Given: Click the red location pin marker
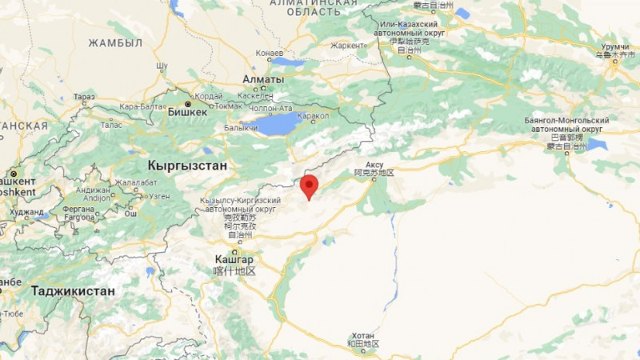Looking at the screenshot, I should tap(309, 186).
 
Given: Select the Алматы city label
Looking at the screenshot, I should tap(262, 80).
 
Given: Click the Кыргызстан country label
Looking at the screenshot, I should tap(188, 165).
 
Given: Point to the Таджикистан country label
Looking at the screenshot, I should tap(73, 291).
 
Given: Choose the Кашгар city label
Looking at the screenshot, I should tap(234, 259).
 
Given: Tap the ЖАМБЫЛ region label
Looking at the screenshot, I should tap(115, 42).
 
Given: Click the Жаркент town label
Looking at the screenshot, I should tap(347, 46).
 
